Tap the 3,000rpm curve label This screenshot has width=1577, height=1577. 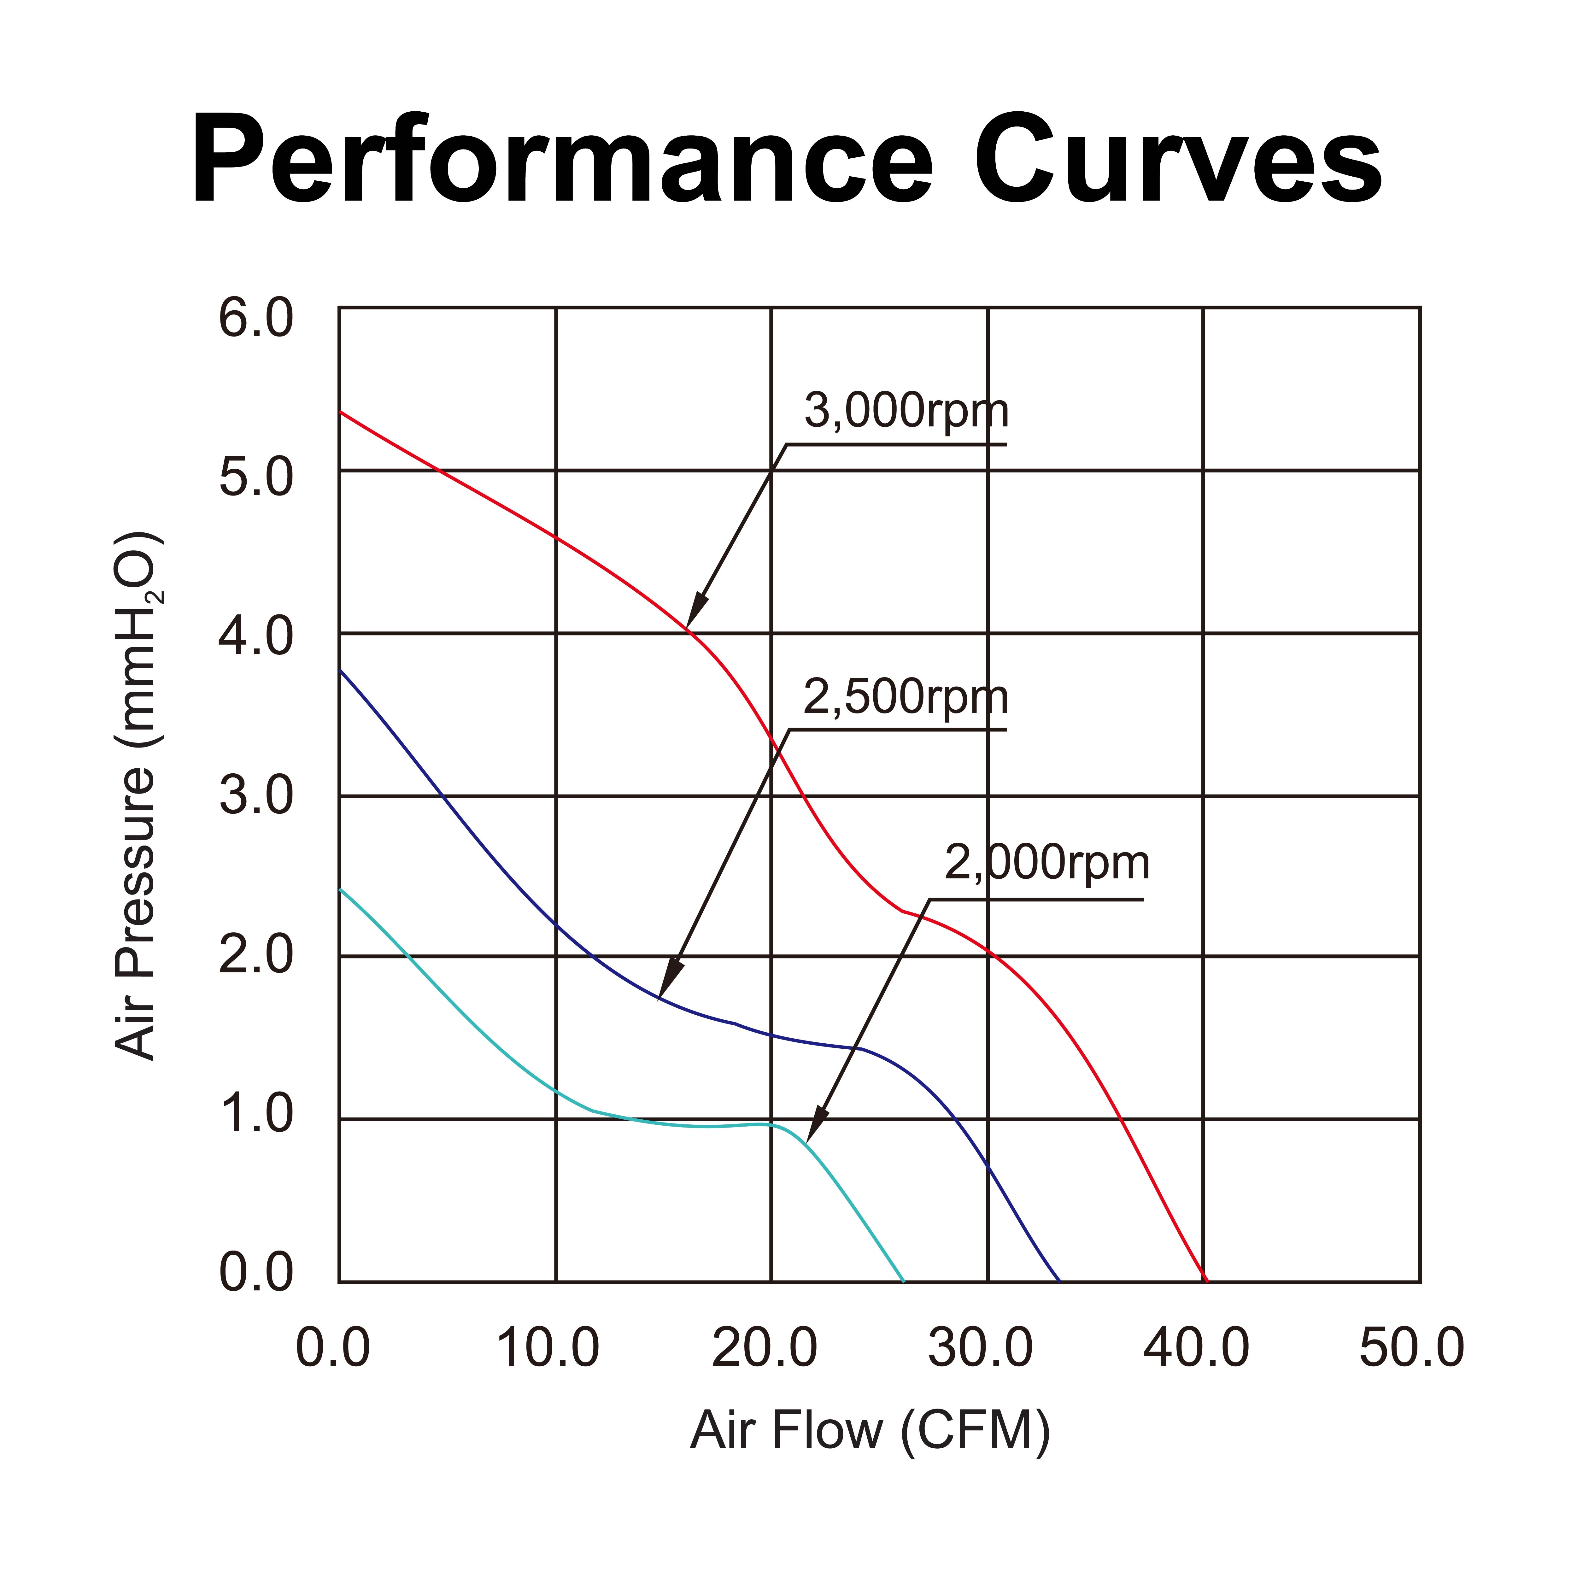(x=906, y=411)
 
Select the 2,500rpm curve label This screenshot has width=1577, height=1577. (x=906, y=698)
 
